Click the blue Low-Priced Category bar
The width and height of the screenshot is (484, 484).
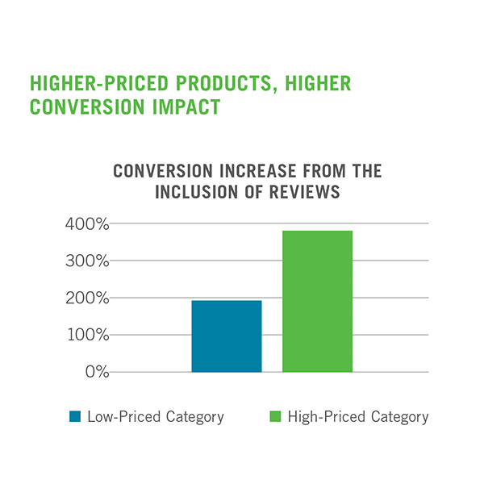tap(227, 336)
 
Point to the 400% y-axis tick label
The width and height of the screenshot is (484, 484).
tap(86, 224)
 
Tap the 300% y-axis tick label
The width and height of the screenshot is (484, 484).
tap(86, 261)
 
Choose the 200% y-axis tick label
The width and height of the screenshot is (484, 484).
tap(86, 298)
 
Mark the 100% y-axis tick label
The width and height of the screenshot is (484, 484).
tap(86, 336)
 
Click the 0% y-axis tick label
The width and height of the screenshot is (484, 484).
tap(96, 373)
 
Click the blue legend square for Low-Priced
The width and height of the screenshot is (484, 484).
tap(75, 417)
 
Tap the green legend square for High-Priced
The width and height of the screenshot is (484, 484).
tap(273, 417)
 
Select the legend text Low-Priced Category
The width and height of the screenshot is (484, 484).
tap(155, 417)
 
